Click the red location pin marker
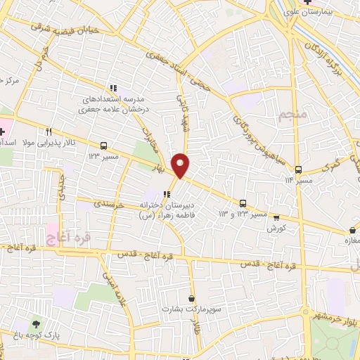[181, 165]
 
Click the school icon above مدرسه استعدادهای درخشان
[112, 88]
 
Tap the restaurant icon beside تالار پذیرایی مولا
[49, 131]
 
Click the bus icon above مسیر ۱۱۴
[298, 169]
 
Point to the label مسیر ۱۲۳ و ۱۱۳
[243, 212]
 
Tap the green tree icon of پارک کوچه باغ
[35, 324]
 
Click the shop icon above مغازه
[352, 230]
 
